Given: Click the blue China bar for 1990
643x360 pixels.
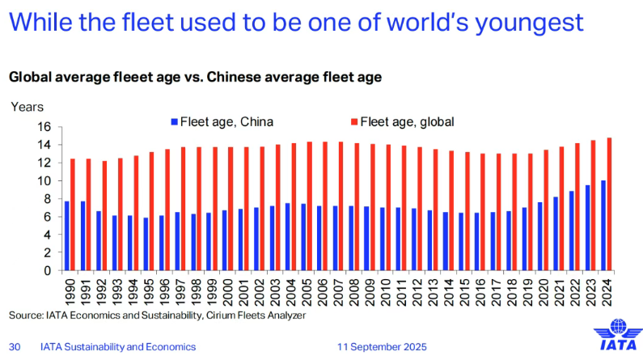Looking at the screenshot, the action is [x=67, y=235].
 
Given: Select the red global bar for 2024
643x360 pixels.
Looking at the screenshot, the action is [x=609, y=204].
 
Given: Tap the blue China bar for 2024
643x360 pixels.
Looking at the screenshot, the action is [x=603, y=226].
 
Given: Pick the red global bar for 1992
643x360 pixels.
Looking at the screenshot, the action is [x=104, y=216].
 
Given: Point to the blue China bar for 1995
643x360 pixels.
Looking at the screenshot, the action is [x=146, y=244].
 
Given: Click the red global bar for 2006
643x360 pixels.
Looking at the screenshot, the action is [x=325, y=206].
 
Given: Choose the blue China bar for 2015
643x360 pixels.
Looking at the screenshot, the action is [x=461, y=242].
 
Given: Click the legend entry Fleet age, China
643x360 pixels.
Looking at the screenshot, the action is [x=222, y=122].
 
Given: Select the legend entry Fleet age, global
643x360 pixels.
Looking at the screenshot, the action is [x=403, y=122].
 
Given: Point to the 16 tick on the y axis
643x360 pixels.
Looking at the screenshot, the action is [x=44, y=127].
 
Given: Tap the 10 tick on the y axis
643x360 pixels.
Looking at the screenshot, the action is [x=44, y=181].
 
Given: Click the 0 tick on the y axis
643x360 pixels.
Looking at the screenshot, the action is [x=48, y=271].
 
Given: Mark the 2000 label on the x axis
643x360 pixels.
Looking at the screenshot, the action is [x=227, y=292].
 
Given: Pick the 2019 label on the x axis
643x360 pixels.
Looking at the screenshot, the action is [x=527, y=292].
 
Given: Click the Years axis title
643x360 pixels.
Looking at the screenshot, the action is [x=27, y=107].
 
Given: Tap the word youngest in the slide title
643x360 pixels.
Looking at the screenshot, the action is [x=529, y=23].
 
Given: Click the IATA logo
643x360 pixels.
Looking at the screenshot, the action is [x=618, y=334].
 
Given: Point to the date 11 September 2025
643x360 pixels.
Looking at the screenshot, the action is [x=382, y=347].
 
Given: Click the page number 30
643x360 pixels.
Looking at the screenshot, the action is [x=15, y=347].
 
